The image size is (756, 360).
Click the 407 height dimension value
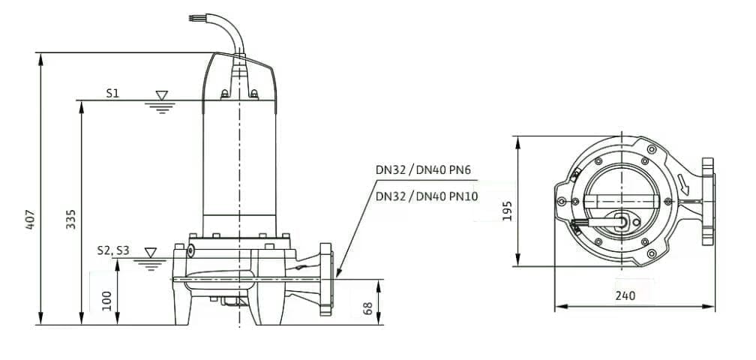tap(30, 219)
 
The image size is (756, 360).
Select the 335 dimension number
tap(70, 219)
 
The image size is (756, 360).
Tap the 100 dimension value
tap(107, 301)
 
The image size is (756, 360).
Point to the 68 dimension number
tap(367, 309)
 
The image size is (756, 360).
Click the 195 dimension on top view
tap(507, 211)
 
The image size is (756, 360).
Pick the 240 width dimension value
tap(625, 295)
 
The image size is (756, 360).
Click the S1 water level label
tap(112, 94)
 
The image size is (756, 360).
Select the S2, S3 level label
tap(112, 251)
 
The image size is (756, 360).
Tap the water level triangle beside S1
tap(162, 95)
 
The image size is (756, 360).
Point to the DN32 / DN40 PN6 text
tap(423, 170)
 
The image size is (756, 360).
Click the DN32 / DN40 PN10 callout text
tap(427, 196)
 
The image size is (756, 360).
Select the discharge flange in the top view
tap(708, 202)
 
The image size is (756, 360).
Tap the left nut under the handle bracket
tap(225, 94)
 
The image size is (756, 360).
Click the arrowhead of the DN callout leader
tap(337, 273)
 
